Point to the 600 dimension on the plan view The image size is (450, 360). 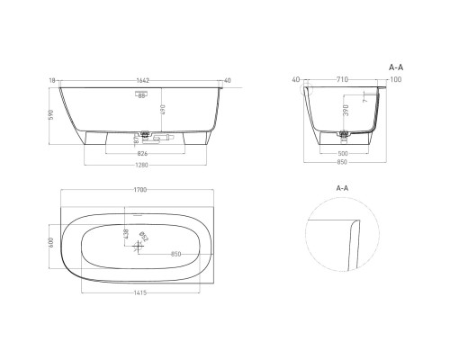click(x=51, y=242)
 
